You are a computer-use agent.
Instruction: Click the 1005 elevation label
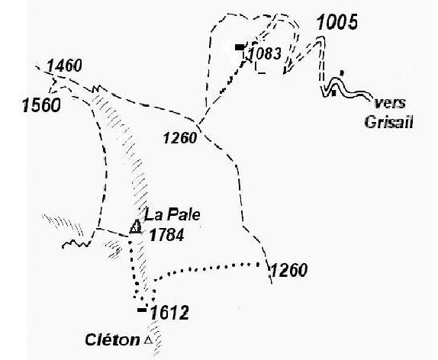pyautogui.click(x=337, y=22)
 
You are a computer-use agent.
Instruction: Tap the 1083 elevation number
pyautogui.click(x=265, y=53)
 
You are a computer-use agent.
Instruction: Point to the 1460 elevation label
pyautogui.click(x=64, y=66)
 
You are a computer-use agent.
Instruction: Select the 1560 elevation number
pyautogui.click(x=41, y=105)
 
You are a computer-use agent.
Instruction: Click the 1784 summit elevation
pyautogui.click(x=166, y=235)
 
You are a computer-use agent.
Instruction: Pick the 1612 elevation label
pyautogui.click(x=169, y=313)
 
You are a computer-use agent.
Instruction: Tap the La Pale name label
pyautogui.click(x=172, y=215)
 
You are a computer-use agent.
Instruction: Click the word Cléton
pyautogui.click(x=112, y=340)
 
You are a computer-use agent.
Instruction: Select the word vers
pyautogui.click(x=390, y=103)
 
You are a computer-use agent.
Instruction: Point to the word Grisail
pyautogui.click(x=389, y=122)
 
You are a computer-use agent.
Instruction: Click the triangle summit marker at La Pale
pyautogui.click(x=136, y=227)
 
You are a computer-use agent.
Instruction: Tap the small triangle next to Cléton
pyautogui.click(x=148, y=340)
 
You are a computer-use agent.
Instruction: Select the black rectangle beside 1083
pyautogui.click(x=240, y=47)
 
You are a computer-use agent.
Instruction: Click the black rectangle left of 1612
pyautogui.click(x=142, y=310)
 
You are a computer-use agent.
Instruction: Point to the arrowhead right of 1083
pyautogui.click(x=288, y=69)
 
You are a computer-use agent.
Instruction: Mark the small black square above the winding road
pyautogui.click(x=341, y=73)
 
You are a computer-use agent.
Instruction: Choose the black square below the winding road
pyautogui.click(x=333, y=93)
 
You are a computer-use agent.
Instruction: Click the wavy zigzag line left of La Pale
pyautogui.click(x=76, y=244)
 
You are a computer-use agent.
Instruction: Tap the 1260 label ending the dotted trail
pyautogui.click(x=289, y=270)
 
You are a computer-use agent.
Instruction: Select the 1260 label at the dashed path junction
pyautogui.click(x=180, y=138)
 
